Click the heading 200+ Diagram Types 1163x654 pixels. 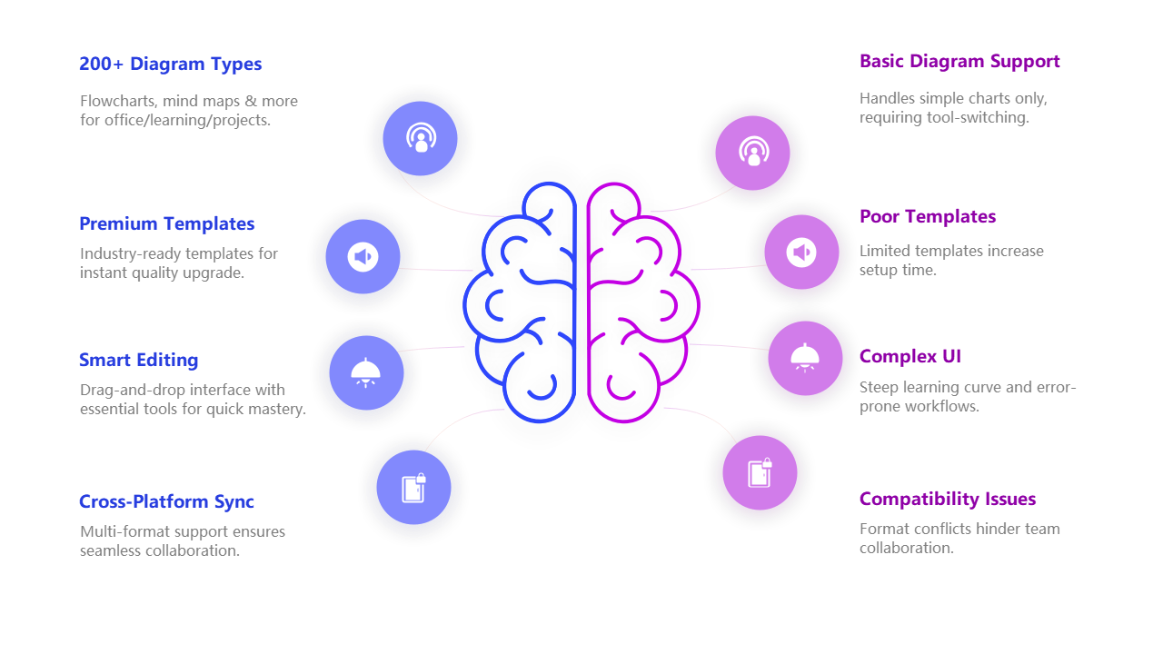tap(170, 64)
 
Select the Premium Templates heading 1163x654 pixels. tap(166, 223)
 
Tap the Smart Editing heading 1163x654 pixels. tap(138, 360)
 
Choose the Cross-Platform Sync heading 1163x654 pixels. tap(166, 501)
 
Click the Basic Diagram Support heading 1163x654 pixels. tap(959, 62)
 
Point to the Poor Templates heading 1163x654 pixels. tap(928, 216)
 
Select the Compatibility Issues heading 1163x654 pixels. tap(947, 499)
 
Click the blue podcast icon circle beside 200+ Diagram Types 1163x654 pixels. tap(420, 139)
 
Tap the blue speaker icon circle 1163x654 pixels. tap(363, 257)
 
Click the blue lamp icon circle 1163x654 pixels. tap(366, 373)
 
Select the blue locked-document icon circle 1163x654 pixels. tap(413, 488)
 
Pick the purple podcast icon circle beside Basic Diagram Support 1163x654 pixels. tap(752, 153)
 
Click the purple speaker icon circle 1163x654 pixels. tap(801, 253)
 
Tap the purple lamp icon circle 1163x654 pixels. tap(805, 358)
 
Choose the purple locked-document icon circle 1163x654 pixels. tap(760, 472)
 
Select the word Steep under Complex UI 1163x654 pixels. tap(879, 388)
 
